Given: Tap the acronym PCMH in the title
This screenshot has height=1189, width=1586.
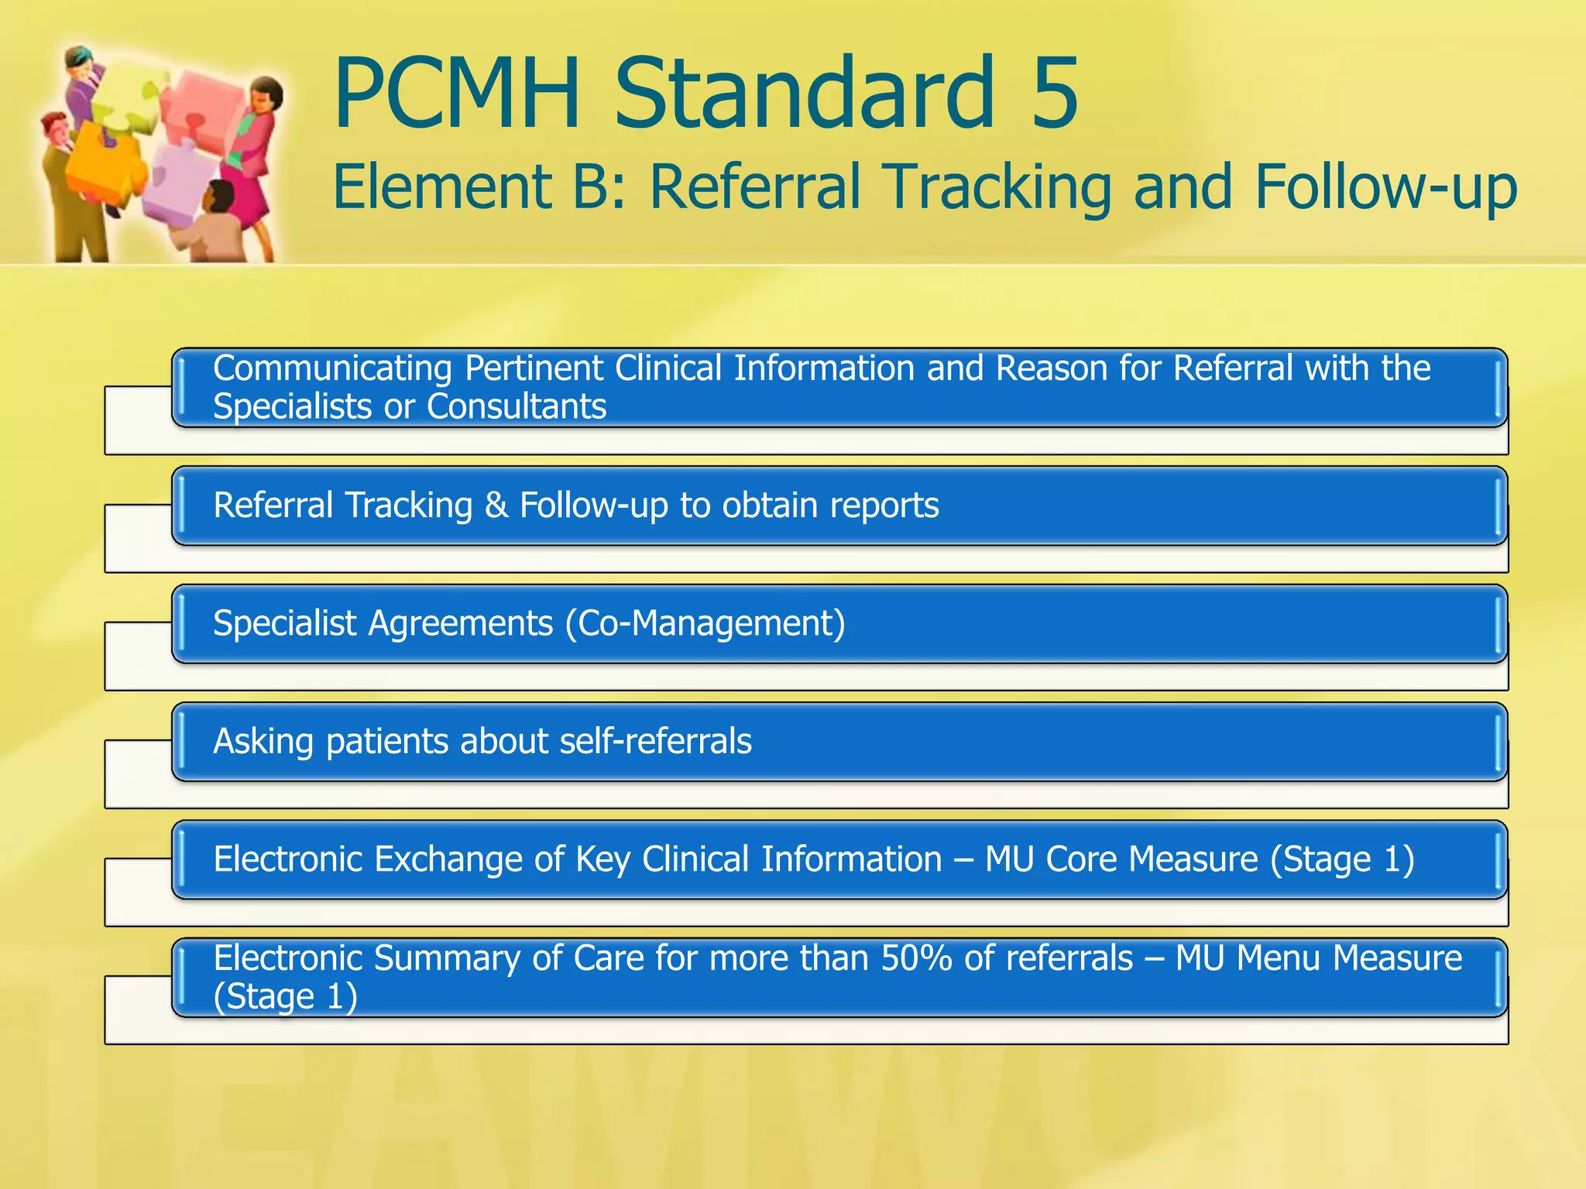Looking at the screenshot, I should pyautogui.click(x=457, y=94).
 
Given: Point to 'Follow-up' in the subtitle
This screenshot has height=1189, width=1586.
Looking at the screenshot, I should pyautogui.click(x=1385, y=188).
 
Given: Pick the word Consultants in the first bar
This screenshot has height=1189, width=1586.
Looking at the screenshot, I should pyautogui.click(x=517, y=407).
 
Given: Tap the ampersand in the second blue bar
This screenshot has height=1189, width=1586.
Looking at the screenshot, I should pyautogui.click(x=496, y=506).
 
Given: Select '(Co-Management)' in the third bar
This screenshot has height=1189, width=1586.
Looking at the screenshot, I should pyautogui.click(x=705, y=624).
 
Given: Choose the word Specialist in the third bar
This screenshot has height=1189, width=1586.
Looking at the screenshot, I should pyautogui.click(x=284, y=624).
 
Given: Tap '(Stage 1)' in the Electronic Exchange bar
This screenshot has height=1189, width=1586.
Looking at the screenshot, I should pyautogui.click(x=1342, y=860).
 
